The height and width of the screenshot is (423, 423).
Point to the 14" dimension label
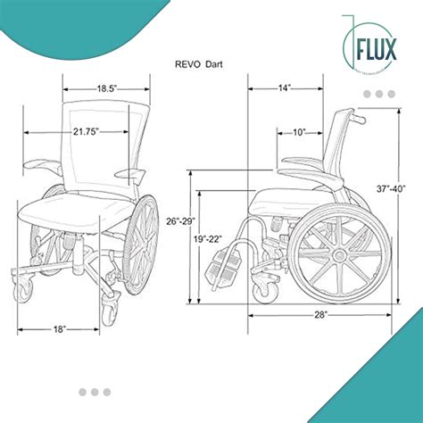pos(285,87)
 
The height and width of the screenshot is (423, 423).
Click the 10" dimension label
pos(299,132)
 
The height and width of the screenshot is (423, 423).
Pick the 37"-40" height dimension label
pos(390,188)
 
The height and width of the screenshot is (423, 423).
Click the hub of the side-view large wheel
pos(339,254)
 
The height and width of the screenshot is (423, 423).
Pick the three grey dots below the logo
pos(386,94)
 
